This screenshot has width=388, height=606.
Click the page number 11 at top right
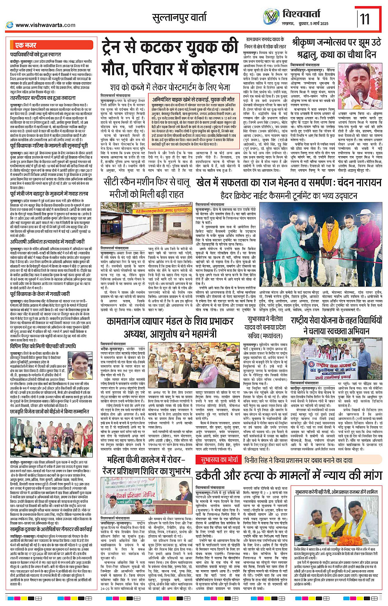[x=365, y=19]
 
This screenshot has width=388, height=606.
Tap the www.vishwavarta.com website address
[x=45, y=25]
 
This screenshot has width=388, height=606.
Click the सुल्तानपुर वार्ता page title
[x=179, y=18]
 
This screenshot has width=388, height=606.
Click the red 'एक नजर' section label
[x=25, y=45]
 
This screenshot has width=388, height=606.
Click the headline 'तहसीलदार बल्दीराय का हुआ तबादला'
[x=43, y=97]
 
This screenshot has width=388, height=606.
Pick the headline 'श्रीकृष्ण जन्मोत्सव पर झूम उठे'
[x=336, y=43]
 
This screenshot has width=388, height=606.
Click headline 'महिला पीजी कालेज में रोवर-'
[x=147, y=460]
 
